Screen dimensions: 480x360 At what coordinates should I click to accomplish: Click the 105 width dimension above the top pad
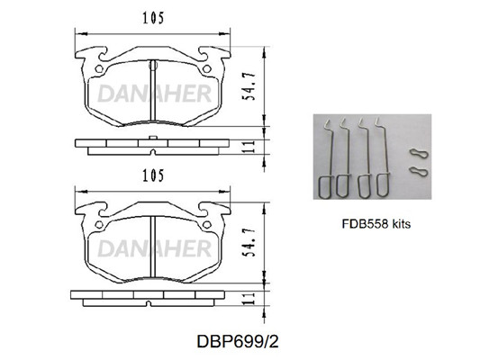coord(153,18)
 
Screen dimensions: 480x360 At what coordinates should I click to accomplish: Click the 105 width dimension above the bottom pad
coord(153,175)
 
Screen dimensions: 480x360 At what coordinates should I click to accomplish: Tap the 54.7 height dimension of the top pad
coord(249,86)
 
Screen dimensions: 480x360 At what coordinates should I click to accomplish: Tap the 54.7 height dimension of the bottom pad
coord(249,242)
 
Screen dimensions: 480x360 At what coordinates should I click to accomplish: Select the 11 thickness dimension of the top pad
coord(249,147)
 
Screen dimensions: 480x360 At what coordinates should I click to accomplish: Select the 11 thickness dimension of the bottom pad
coord(249,298)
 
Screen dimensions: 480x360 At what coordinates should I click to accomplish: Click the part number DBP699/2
coord(238,341)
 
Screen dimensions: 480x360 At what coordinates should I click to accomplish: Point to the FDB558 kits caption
coord(376,224)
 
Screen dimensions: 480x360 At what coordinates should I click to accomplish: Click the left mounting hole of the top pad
coord(99,68)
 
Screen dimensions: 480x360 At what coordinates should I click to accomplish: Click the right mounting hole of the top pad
coord(207,68)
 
